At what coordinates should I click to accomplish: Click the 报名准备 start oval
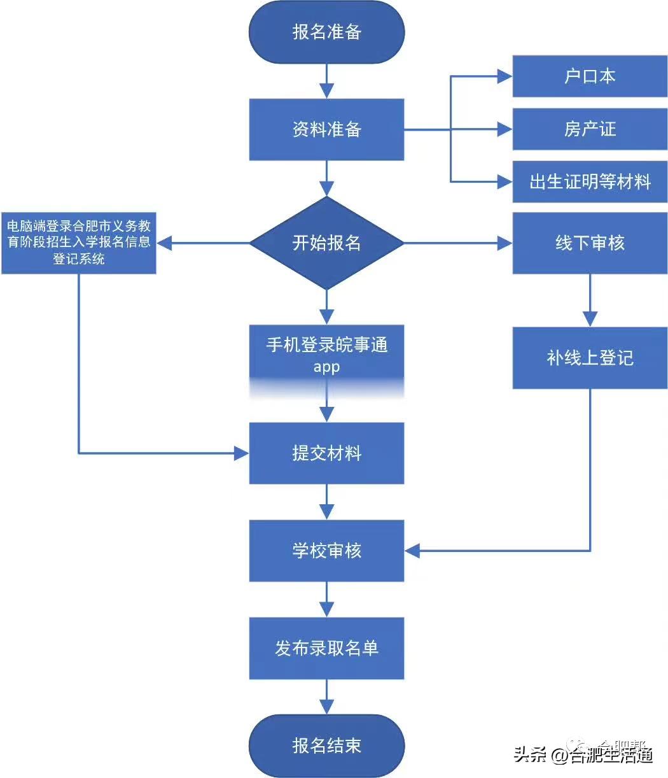point(326,32)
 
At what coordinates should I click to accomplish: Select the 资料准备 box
point(326,129)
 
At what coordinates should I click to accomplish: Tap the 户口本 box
point(590,76)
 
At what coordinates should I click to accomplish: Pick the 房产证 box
point(590,129)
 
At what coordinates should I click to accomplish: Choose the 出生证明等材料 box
point(590,182)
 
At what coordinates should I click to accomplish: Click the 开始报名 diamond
point(326,243)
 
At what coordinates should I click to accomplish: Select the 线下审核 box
point(590,243)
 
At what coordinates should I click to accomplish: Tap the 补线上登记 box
point(590,358)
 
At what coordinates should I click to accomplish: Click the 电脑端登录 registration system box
point(79,243)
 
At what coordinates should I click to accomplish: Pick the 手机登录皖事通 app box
point(326,357)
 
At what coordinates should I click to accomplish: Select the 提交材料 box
point(326,453)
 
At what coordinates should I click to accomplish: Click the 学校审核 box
point(326,551)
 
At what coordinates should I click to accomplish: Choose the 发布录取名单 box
point(326,648)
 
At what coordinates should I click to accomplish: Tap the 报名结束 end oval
point(326,746)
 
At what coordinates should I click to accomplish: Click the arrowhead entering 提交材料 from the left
point(241,453)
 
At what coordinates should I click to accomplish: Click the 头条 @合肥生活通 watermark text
point(583,755)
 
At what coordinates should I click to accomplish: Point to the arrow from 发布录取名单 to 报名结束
point(326,697)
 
